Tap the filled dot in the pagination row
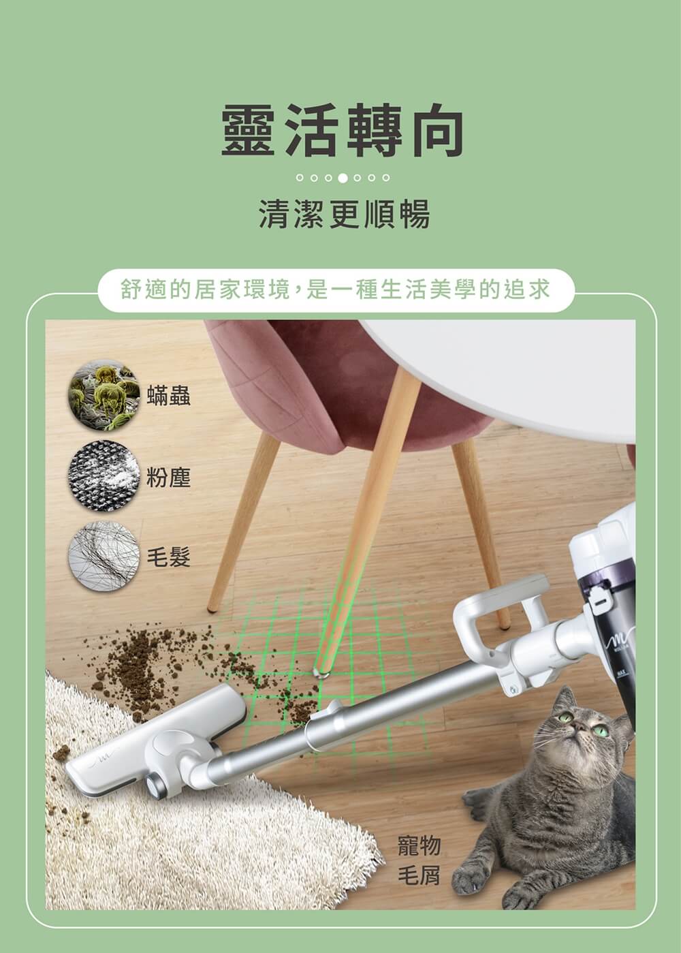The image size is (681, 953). coord(343,178)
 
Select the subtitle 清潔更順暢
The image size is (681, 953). coord(345,214)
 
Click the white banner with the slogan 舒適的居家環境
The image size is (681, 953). coord(336,290)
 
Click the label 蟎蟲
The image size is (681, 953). coord(169,396)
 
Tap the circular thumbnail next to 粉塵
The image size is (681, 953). coord(104,475)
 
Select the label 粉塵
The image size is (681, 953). coord(169,477)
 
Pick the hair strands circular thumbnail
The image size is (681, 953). coord(104,556)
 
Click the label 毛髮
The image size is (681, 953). coord(169,557)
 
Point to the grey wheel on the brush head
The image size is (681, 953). coord(155,783)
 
